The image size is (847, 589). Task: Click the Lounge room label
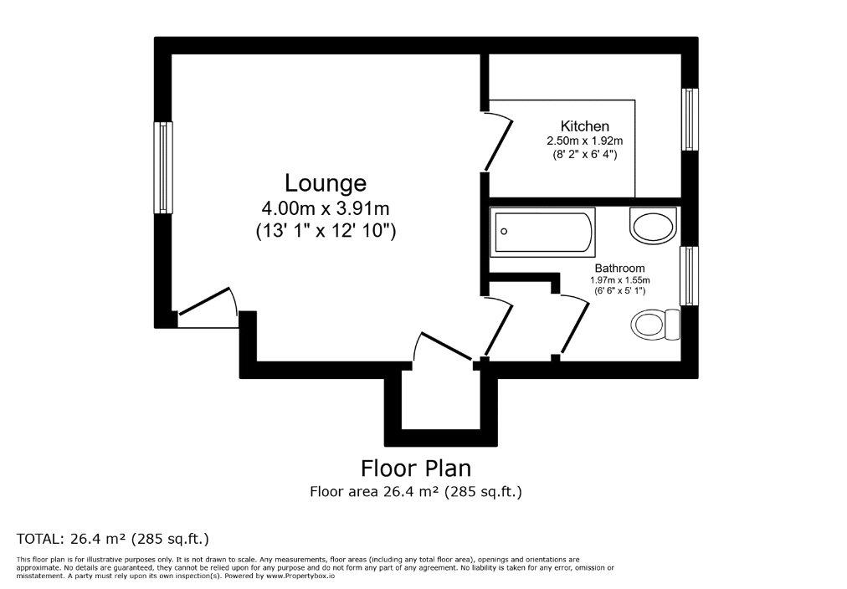[326, 183]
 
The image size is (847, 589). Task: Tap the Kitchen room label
[585, 126]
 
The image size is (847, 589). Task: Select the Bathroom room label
[619, 269]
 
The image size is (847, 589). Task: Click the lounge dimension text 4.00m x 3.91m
[326, 207]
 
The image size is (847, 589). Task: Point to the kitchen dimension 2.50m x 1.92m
[585, 141]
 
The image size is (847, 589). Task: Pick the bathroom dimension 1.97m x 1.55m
[619, 280]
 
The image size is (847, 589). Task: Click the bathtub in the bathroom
[542, 232]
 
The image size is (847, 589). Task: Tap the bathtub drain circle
[504, 232]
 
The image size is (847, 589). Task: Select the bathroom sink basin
[653, 227]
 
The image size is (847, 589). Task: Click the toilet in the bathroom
[655, 325]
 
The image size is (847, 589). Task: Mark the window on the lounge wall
[163, 167]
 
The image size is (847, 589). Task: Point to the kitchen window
[690, 119]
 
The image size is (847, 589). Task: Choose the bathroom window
[690, 276]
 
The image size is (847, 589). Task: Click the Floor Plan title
[416, 468]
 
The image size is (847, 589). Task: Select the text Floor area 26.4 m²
[374, 492]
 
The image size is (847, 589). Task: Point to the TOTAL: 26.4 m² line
[113, 539]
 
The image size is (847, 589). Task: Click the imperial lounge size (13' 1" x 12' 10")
[326, 231]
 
